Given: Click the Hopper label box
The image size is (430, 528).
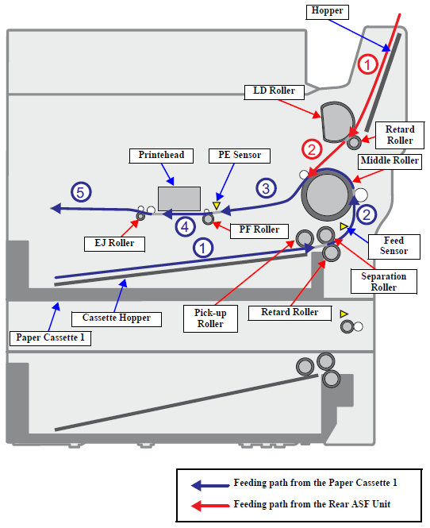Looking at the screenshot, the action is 327,12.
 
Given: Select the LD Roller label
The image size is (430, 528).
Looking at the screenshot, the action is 274,92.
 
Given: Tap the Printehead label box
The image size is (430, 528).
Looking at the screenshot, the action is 161,156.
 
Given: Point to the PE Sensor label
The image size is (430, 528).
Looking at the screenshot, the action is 240,156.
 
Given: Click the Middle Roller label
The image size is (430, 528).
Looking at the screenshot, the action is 390,162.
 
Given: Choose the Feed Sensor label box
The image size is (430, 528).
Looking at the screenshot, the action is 394,246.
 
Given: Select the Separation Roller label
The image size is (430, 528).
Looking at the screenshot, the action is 384,282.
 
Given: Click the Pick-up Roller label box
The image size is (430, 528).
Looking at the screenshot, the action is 210,318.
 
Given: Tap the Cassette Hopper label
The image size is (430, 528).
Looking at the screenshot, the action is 117,319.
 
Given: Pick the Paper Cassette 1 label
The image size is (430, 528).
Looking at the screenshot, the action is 50,338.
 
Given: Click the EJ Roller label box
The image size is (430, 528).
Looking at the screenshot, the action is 114,244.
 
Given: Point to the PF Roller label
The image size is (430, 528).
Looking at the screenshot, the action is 259,231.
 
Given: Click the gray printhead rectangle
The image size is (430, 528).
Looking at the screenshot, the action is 179,199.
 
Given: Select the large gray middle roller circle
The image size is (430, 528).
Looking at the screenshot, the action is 328,195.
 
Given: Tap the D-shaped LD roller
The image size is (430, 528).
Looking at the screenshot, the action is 337,122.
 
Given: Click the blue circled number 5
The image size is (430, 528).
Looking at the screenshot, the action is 81,192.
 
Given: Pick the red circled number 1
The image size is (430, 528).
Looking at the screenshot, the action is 367,64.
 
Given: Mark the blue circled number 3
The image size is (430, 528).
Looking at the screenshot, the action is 266,188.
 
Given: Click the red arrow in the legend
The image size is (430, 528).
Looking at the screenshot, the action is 210,506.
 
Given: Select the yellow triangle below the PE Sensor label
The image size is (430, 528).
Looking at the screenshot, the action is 217,205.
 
